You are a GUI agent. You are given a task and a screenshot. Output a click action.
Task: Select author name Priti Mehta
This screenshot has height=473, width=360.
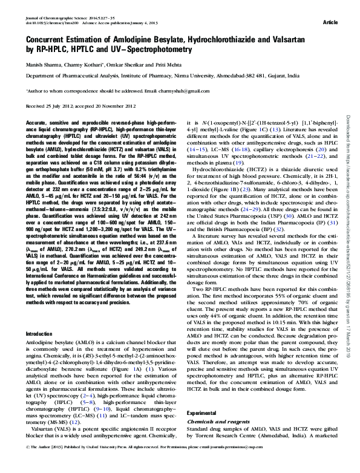click(159, 64)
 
